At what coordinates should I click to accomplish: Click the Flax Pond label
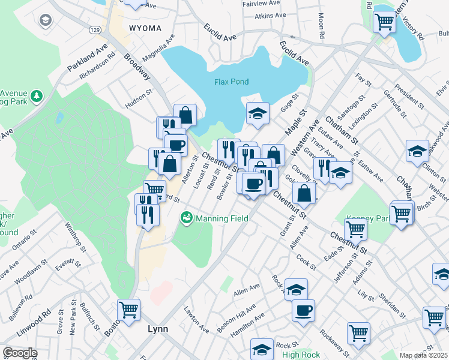click(x=231, y=82)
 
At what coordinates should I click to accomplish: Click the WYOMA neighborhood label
click(x=145, y=28)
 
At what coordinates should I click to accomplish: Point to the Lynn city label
click(x=158, y=329)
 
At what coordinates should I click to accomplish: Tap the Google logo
click(x=20, y=353)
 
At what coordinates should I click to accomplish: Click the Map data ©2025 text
click(x=423, y=355)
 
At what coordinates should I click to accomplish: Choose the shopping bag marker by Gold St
click(x=304, y=193)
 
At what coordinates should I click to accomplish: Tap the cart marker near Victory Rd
click(x=384, y=22)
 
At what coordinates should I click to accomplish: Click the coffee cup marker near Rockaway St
click(x=303, y=310)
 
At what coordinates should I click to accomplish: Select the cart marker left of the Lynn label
click(x=128, y=310)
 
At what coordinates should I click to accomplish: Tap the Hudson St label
click(x=139, y=98)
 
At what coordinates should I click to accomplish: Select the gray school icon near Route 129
click(x=44, y=22)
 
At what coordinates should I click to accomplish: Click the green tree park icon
click(x=37, y=96)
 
